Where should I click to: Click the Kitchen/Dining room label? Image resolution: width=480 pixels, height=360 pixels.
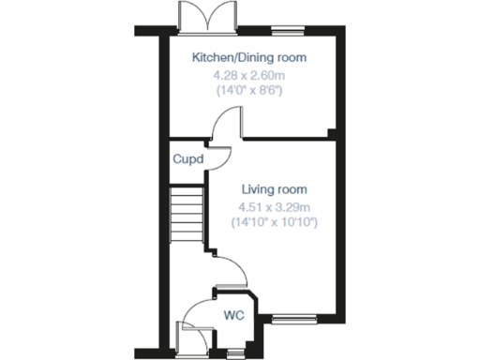pos(249,58)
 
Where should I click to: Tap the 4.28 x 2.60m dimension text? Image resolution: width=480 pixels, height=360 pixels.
pos(249,74)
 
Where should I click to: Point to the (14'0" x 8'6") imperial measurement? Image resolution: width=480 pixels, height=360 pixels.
pos(249,90)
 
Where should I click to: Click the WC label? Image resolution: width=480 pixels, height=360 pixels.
pos(233,315)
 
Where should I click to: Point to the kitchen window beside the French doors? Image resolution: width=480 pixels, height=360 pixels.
pos(288,31)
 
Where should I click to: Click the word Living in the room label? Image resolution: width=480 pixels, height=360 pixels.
pos(258,189)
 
